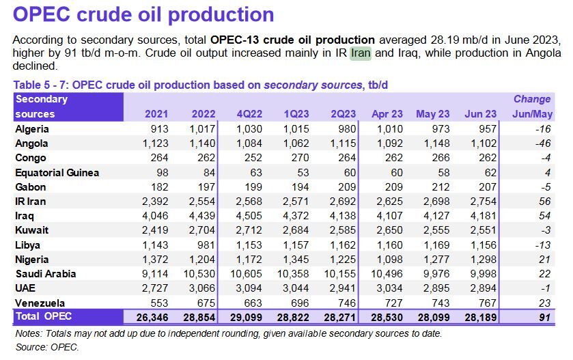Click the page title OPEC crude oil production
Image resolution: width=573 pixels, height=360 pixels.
pos(143,14)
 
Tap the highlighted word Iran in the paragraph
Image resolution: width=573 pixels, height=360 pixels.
pos(361,53)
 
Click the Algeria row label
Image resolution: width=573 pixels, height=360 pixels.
pos(32,128)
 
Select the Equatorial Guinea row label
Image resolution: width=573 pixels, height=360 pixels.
pos(57,172)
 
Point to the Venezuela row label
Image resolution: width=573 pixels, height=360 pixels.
pos(40,303)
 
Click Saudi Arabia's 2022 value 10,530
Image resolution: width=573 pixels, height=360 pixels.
pos(201,274)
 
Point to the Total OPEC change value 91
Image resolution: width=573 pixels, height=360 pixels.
pos(545,317)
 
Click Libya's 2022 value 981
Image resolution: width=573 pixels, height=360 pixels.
pos(205,245)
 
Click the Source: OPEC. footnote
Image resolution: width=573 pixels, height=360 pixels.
pos(47,348)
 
